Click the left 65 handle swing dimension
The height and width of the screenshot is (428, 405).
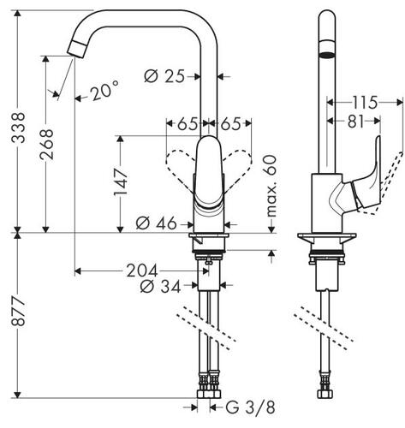188,124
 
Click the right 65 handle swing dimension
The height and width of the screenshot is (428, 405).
230,124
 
